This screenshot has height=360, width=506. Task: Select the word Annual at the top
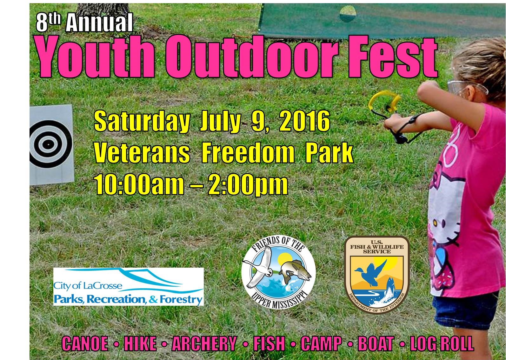(99, 23)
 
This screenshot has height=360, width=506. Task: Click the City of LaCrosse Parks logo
(128, 287)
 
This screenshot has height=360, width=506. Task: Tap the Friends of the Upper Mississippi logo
(278, 272)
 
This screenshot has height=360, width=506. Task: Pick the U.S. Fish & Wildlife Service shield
(377, 274)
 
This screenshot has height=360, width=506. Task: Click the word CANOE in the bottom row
(85, 343)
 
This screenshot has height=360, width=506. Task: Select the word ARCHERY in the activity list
(204, 343)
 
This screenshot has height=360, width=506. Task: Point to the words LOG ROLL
(442, 343)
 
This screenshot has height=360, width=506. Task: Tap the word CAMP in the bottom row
(321, 343)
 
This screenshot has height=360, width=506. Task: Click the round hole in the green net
(348, 14)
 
